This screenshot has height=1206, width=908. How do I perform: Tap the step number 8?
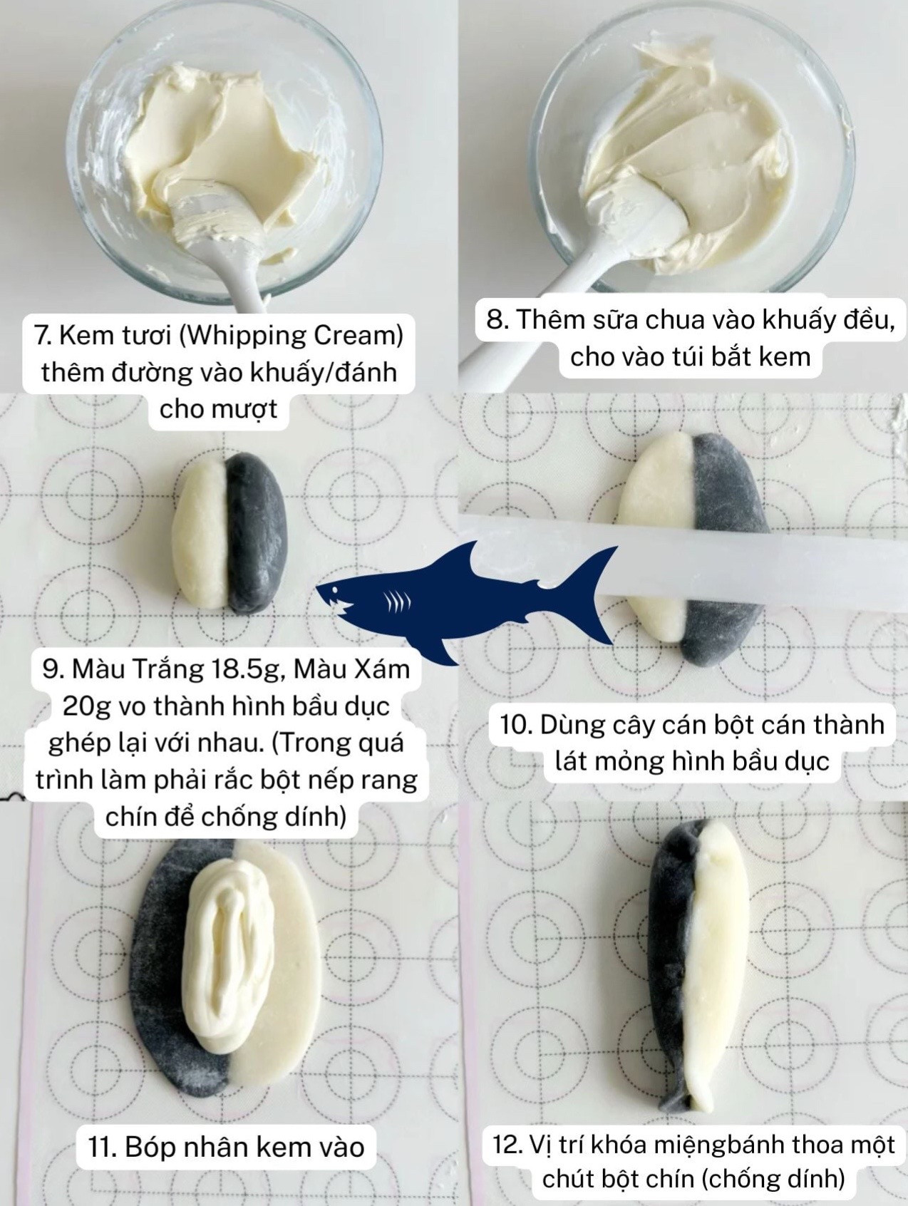tap(495, 319)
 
